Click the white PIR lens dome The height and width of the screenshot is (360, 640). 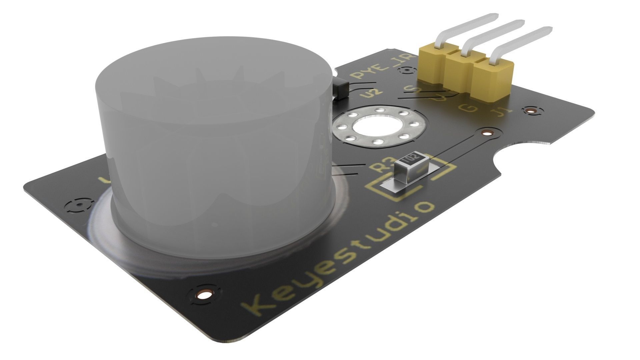pyautogui.click(x=213, y=150)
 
